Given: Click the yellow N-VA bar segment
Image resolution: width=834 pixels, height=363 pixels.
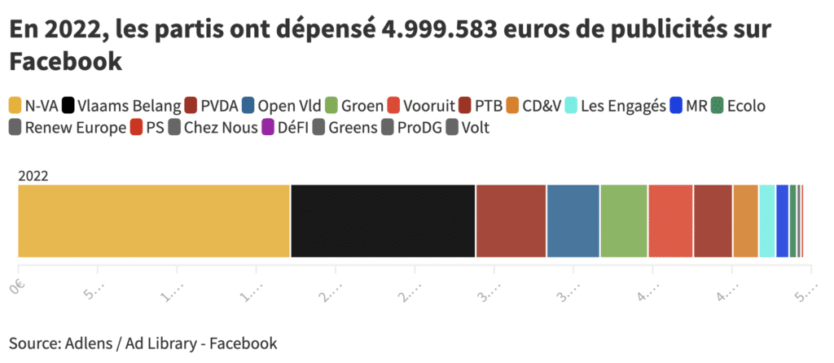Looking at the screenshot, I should [x=154, y=221].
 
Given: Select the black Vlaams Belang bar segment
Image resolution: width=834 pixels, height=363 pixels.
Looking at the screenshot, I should [x=383, y=221].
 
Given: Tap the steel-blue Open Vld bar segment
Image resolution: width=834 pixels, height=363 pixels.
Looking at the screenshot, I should [x=573, y=221].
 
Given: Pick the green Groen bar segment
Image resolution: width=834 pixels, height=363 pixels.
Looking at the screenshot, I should [x=624, y=221].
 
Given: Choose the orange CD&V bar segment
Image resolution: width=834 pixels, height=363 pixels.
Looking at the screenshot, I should [x=745, y=221].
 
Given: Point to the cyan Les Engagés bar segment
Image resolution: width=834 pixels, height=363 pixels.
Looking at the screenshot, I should [x=767, y=221].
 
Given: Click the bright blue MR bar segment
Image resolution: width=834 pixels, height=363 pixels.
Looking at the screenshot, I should [x=783, y=221].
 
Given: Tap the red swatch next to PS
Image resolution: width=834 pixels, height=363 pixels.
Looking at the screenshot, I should [x=135, y=128].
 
